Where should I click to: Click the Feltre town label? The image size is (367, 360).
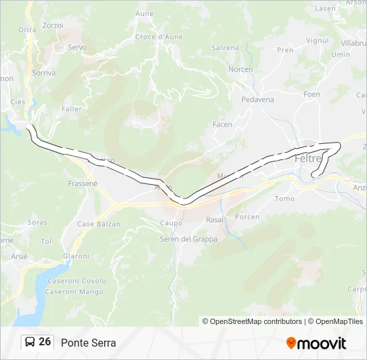[x=308, y=159]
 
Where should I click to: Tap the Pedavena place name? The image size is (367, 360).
[x=258, y=99]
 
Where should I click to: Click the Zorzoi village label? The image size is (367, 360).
[x=52, y=25]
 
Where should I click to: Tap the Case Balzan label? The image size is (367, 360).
[x=99, y=224]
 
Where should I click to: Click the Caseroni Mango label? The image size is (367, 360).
[x=74, y=292]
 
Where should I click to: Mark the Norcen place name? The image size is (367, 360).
[x=240, y=69]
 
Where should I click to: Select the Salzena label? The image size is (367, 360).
[x=225, y=48]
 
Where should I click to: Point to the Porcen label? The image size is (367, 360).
[x=248, y=217]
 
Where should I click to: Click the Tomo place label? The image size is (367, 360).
[x=284, y=199]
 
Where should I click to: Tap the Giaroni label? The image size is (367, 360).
[x=75, y=256]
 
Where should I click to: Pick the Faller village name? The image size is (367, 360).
[x=71, y=109]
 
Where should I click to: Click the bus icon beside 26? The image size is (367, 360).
[x=30, y=342]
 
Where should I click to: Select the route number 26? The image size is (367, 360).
[x=45, y=341]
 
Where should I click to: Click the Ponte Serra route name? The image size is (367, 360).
[x=88, y=343]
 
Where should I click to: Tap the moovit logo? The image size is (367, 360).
[x=316, y=343]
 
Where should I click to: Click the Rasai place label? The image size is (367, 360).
[x=214, y=219]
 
